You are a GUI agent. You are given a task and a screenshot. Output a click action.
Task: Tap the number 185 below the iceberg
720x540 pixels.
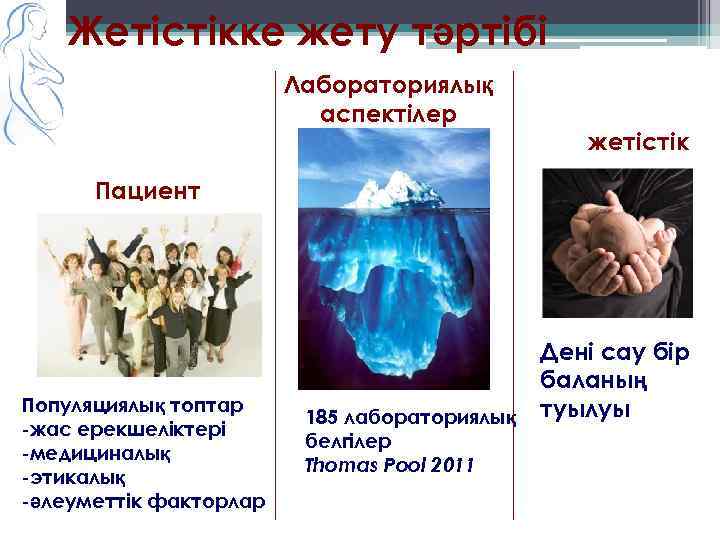tap(322, 416)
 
